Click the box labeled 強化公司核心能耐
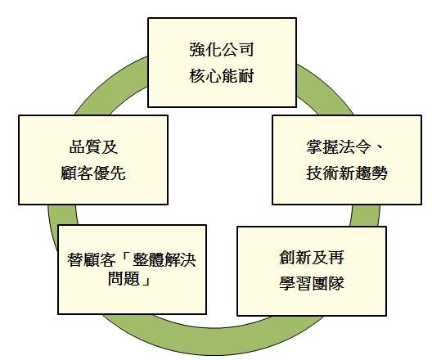coord(222,62)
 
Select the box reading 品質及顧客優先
coord(93,160)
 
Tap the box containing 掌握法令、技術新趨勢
coord(347,160)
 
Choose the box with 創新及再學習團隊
coord(312,271)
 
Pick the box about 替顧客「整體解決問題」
coord(133,269)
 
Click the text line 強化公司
coord(222,50)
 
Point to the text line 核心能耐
coord(222,76)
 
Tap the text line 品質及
coord(93,146)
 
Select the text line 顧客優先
coord(93,173)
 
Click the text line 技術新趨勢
coord(347,173)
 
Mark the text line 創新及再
coord(312,257)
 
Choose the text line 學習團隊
coord(312,283)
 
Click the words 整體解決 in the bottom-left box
coord(164,259)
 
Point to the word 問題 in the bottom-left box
coord(124,278)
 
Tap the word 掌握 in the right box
coord(322,146)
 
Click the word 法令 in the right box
coord(355,146)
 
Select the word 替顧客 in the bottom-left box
coord(91,259)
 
